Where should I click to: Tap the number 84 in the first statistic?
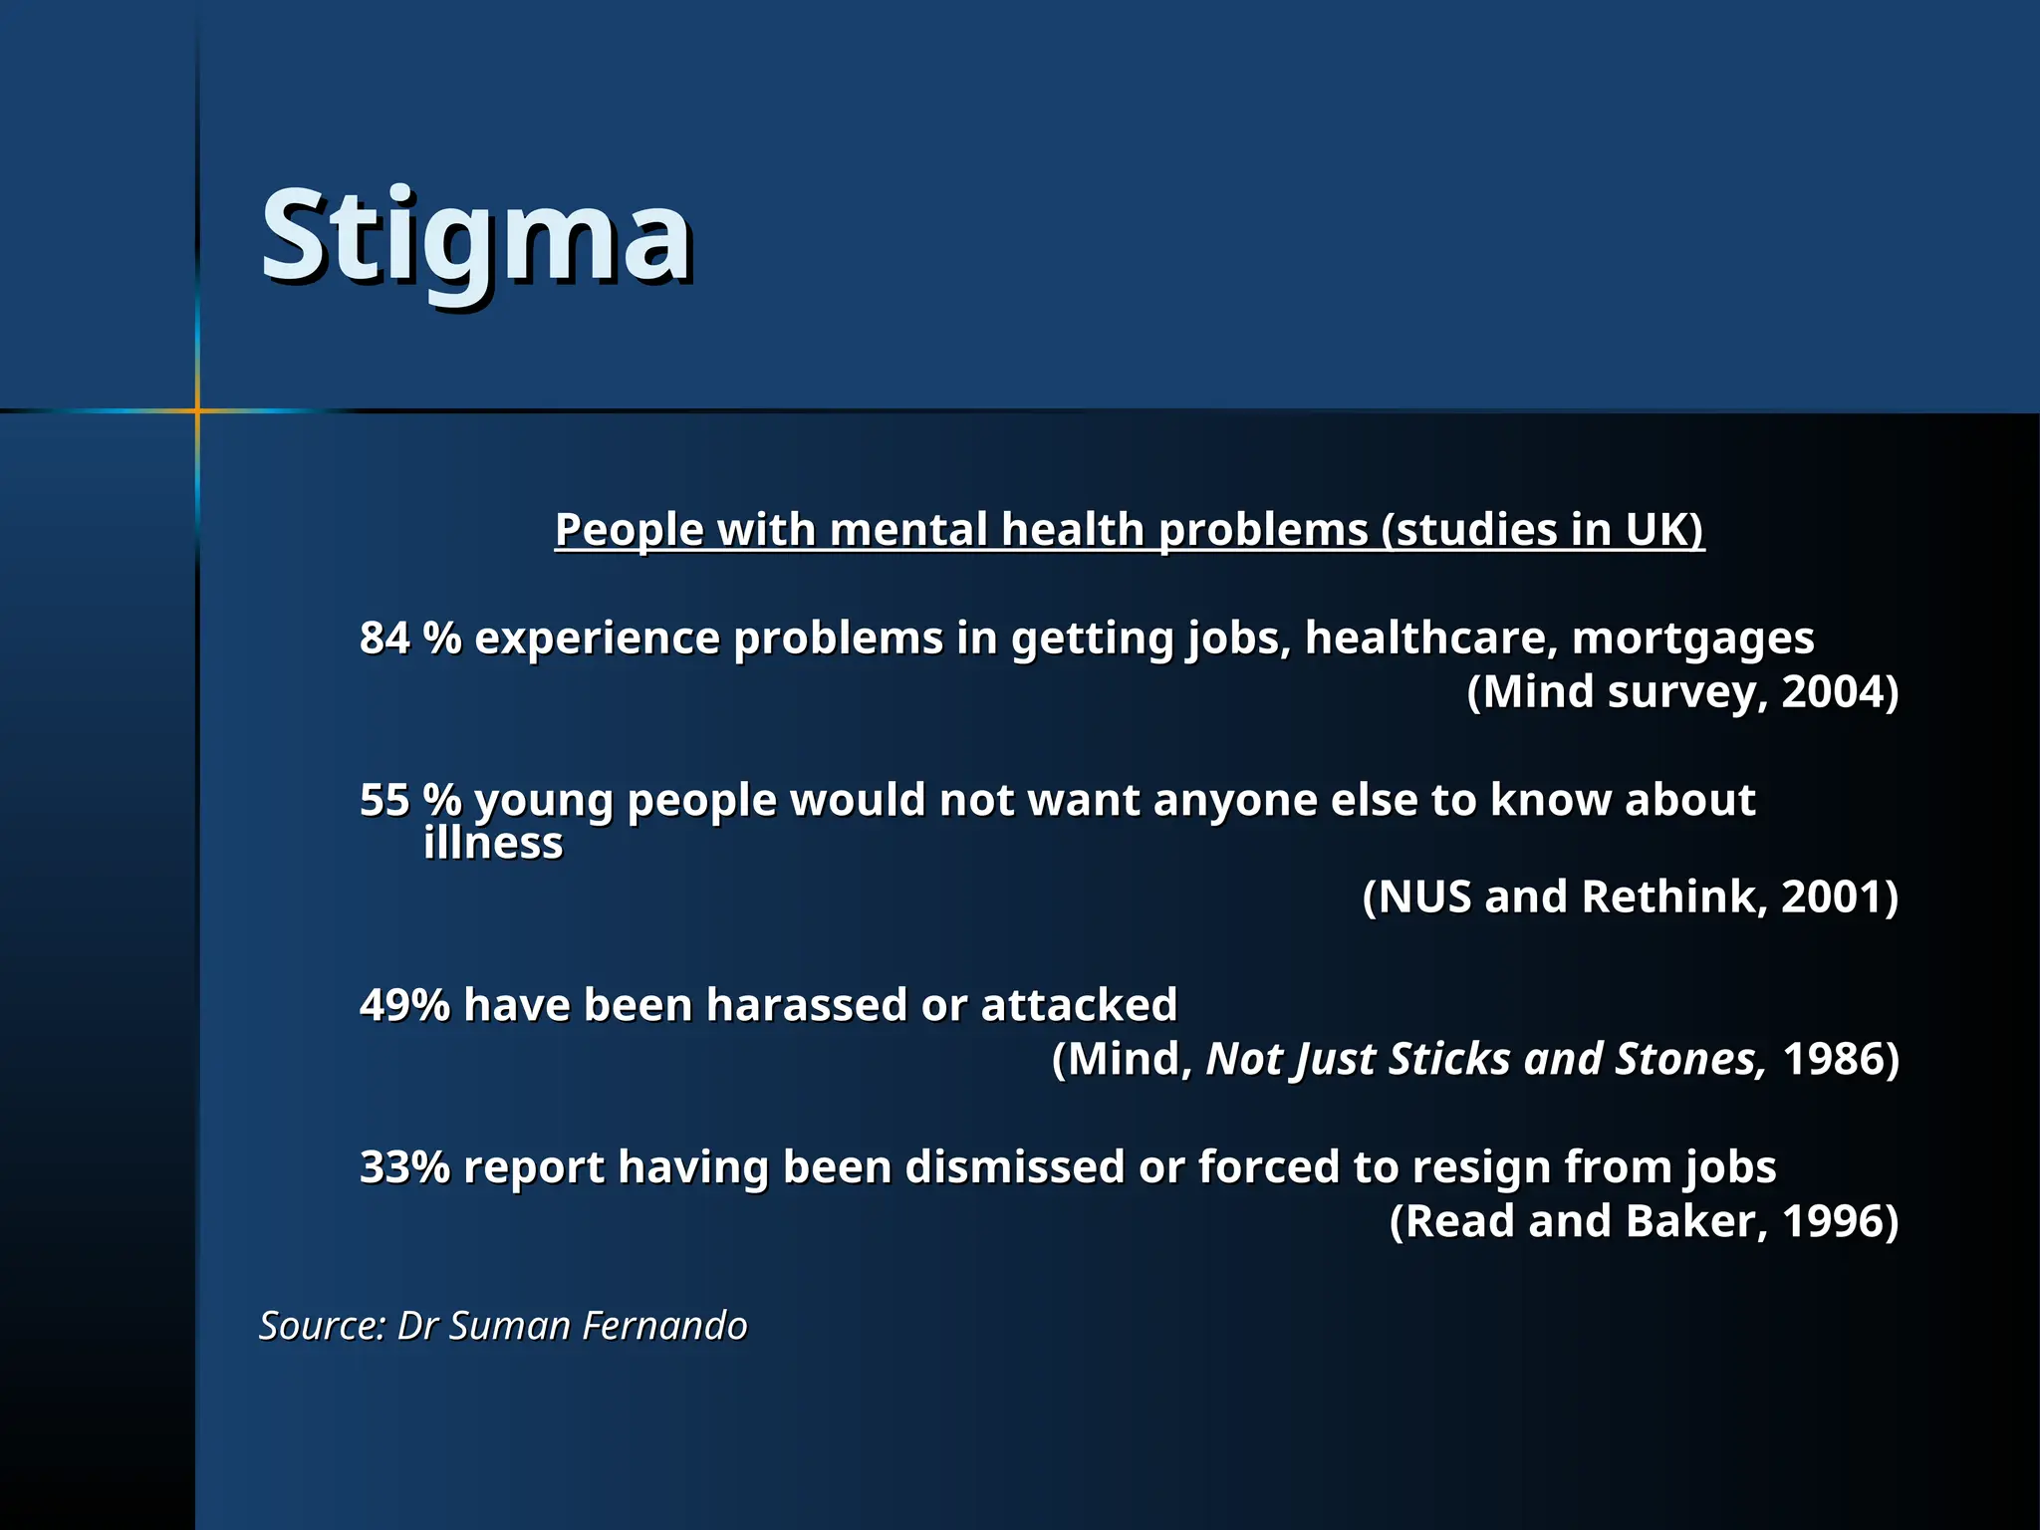tap(384, 637)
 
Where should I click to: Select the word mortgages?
tap(1692, 637)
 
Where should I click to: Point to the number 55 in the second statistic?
tap(384, 800)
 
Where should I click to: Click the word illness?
tap(493, 844)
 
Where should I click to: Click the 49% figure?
tap(404, 1004)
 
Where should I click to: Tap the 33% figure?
tap(404, 1166)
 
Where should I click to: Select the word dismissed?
tap(1014, 1166)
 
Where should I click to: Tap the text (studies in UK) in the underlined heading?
tap(1542, 529)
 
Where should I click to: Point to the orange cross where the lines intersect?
tap(197, 410)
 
